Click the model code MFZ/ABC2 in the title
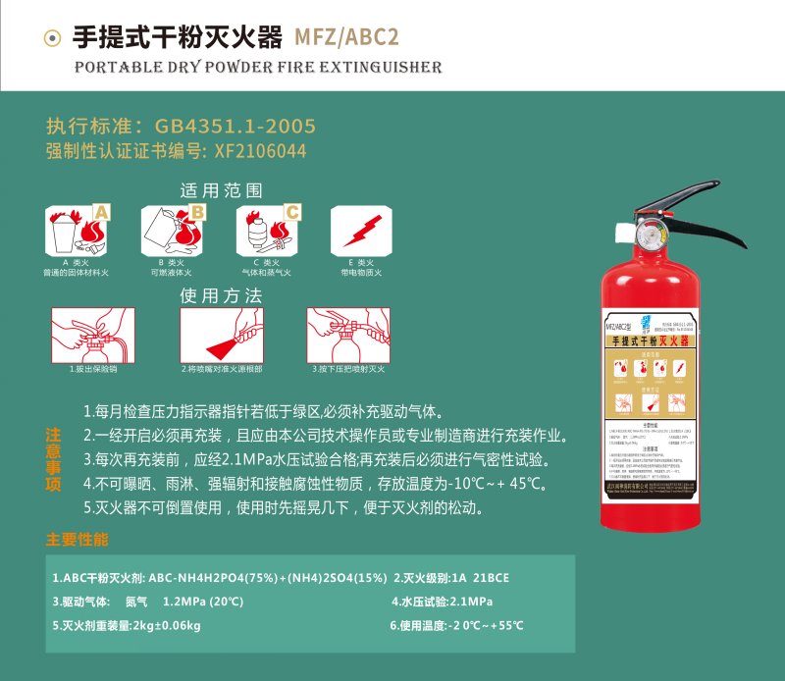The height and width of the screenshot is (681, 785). [346, 36]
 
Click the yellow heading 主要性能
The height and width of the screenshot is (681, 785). [78, 540]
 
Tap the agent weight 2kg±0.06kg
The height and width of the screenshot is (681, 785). [167, 625]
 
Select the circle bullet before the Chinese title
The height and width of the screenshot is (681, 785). [53, 37]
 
